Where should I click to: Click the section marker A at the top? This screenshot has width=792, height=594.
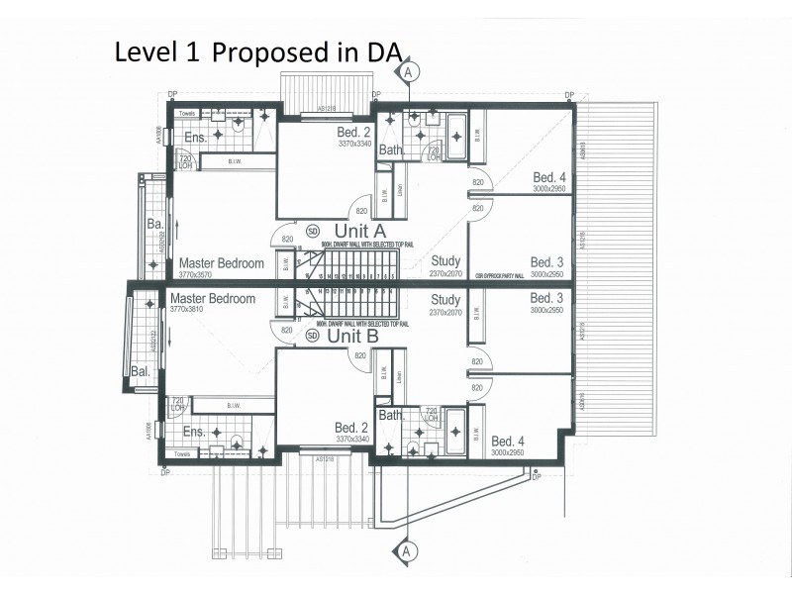tap(411, 69)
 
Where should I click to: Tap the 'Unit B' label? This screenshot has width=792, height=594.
tap(353, 336)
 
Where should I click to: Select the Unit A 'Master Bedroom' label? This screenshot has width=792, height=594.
tap(221, 263)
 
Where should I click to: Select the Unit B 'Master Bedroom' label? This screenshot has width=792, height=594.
tap(214, 298)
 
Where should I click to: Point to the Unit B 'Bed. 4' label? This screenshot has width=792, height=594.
tap(508, 441)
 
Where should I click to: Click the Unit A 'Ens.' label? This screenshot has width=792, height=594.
tap(194, 137)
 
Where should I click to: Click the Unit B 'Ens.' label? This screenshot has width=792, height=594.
tap(194, 432)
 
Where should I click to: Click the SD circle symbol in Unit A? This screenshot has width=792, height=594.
tap(314, 231)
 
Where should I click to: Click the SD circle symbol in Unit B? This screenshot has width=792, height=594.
tap(313, 336)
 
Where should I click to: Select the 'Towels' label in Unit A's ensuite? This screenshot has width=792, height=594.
tap(186, 114)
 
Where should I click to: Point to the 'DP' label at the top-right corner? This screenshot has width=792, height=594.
tap(569, 94)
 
